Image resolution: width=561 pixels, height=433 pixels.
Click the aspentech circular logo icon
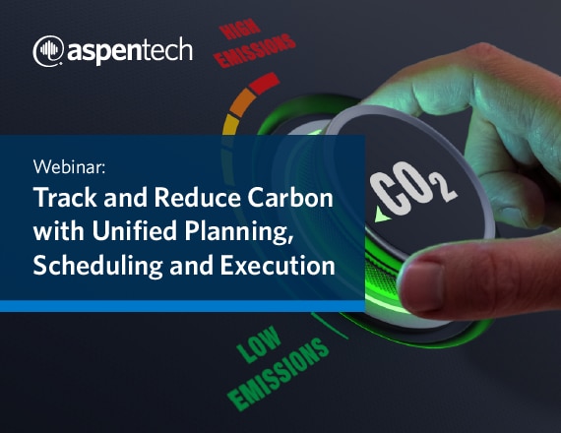(x=48, y=51)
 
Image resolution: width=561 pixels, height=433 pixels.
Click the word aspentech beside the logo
(x=130, y=51)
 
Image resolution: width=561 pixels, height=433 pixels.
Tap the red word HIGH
(x=240, y=30)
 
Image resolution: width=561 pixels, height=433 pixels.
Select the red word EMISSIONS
(x=257, y=51)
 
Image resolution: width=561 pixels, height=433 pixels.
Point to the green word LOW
(x=259, y=344)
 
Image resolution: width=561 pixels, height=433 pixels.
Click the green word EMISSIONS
(x=279, y=374)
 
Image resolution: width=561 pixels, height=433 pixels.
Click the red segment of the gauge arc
(x=264, y=83)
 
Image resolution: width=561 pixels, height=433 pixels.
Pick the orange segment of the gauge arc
(x=242, y=102)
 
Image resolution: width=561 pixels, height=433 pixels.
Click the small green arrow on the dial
(x=382, y=215)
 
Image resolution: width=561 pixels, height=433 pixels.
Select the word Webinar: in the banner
(x=70, y=166)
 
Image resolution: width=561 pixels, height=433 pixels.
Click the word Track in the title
(x=65, y=198)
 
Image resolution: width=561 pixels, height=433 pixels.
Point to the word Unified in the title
(x=134, y=231)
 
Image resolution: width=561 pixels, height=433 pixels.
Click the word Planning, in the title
(x=238, y=233)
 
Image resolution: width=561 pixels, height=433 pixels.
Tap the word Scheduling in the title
(x=98, y=267)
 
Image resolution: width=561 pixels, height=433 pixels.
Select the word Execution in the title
(x=278, y=265)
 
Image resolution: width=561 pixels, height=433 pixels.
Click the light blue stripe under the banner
(x=182, y=306)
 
